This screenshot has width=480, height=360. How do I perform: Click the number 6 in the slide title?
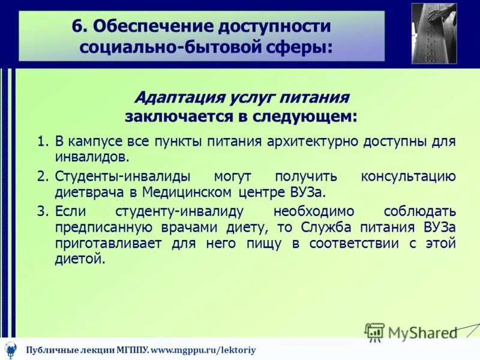[76, 27]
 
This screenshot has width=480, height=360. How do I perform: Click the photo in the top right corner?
[434, 33]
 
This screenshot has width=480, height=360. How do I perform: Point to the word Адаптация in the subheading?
[175, 97]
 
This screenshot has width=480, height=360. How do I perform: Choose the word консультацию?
[408, 176]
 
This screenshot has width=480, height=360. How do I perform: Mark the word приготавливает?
[104, 244]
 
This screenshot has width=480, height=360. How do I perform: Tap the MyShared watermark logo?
[411, 332]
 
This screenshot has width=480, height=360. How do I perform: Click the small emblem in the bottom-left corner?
[11, 349]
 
